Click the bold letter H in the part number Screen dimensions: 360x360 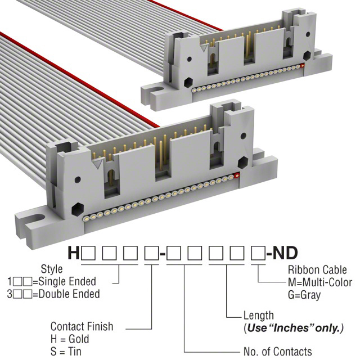coord(74,253)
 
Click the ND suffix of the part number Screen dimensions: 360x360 coord(285,253)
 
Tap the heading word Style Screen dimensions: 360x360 coord(52,269)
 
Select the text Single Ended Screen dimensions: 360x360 coord(67,281)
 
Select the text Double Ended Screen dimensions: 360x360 coord(69,294)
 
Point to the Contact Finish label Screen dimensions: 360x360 coord(82,326)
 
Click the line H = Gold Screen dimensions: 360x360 coord(70,339)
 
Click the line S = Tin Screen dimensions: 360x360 coord(66,352)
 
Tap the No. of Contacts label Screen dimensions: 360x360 coord(278,352)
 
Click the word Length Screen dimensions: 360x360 coord(259,316)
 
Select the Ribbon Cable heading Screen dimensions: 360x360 coord(317,270)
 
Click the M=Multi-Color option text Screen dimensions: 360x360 coord(320,282)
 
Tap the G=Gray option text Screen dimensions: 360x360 coord(304,295)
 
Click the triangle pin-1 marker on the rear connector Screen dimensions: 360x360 coord(204,48)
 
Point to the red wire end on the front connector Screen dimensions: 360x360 coord(237,175)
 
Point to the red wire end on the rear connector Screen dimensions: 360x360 coord(303,66)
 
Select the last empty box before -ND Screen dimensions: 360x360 coord(258,253)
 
